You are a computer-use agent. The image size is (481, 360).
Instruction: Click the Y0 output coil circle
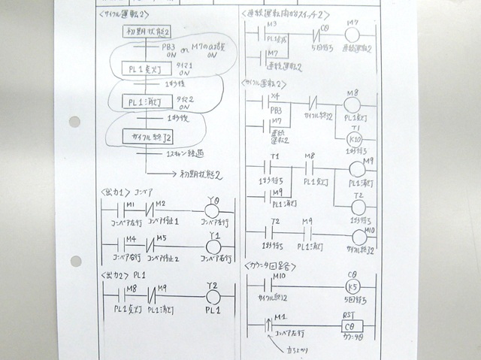pos(213,212)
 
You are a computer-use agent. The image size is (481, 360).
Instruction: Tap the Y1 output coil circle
pos(213,247)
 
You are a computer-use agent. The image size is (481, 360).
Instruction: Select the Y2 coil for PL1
pos(213,295)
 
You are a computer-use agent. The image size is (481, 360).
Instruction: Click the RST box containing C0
pos(352,326)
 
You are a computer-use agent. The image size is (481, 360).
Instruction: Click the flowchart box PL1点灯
pos(147,71)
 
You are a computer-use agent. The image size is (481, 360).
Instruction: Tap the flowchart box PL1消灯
pos(147,102)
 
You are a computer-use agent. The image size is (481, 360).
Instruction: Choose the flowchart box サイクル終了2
pos(153,137)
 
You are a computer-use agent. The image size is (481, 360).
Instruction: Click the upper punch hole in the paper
pos(74,121)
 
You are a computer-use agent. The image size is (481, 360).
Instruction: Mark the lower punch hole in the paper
pos(75,261)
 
